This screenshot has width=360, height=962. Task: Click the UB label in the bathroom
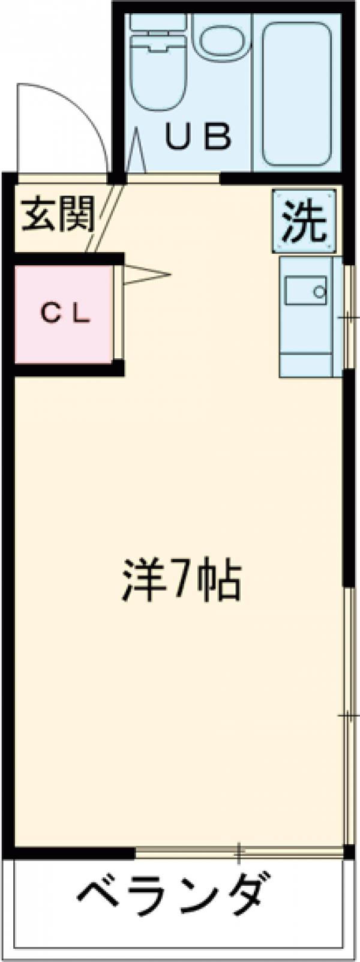pos(198,137)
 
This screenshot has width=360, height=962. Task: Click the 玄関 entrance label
pos(58,214)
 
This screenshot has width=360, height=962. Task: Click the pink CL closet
pos(63,314)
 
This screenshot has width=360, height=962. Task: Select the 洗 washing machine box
pos(304,220)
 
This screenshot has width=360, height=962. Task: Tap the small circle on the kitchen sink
pos(320,292)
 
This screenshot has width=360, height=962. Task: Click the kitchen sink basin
pos(305,292)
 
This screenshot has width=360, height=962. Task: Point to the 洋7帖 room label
pos(181,580)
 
